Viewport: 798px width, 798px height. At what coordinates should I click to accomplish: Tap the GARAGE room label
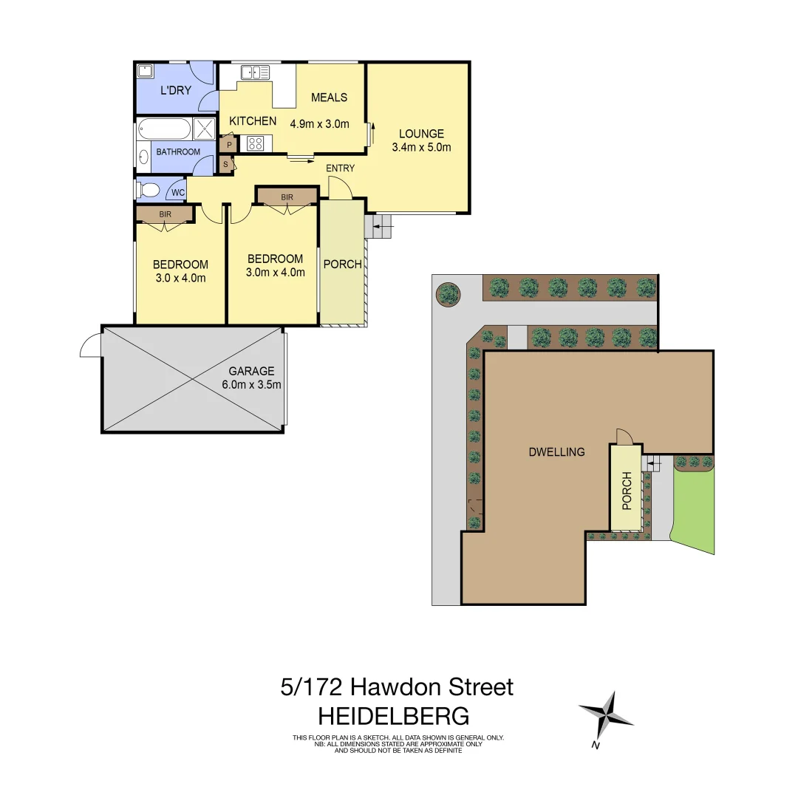click(x=251, y=371)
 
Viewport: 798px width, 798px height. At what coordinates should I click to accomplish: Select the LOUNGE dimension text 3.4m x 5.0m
click(x=421, y=147)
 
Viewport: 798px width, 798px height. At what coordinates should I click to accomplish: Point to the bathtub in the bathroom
click(x=165, y=129)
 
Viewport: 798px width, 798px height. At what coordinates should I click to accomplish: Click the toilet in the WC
click(x=149, y=191)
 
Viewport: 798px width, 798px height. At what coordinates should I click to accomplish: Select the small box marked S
click(x=225, y=164)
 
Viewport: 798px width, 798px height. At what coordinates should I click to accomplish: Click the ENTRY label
click(x=340, y=168)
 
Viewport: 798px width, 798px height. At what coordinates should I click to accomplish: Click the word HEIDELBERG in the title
click(x=393, y=716)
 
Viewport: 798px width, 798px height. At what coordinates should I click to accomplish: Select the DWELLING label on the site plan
click(x=557, y=451)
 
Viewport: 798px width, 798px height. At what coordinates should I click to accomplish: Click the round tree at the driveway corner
click(x=448, y=293)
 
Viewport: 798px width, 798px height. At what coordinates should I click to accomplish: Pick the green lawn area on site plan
click(x=694, y=511)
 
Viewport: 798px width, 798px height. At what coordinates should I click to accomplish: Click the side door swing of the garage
click(x=90, y=345)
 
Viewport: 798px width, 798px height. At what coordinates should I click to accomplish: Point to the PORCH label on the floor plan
click(x=343, y=265)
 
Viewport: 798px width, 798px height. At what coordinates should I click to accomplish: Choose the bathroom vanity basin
click(x=143, y=157)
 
